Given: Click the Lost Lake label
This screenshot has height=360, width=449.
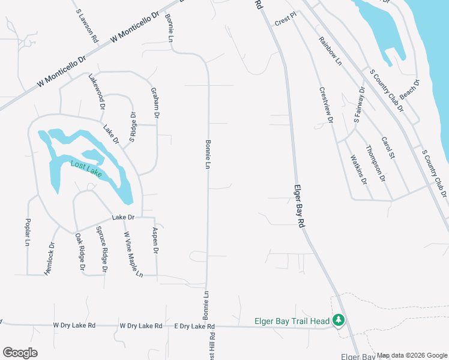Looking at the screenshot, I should (86, 169).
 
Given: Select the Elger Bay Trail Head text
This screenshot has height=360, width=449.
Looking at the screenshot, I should (292, 321).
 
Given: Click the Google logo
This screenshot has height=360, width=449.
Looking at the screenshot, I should (20, 353).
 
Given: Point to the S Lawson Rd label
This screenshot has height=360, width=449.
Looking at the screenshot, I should (87, 25).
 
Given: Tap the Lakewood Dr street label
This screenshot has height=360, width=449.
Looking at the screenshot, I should (97, 92).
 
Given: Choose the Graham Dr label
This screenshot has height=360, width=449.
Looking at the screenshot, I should (155, 100).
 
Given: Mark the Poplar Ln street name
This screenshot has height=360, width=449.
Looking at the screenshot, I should (28, 233).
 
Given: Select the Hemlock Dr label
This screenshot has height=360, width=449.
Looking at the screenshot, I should (50, 259).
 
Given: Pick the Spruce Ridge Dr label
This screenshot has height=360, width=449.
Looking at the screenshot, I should (102, 250).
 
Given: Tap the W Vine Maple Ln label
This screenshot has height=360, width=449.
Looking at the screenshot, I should (133, 254).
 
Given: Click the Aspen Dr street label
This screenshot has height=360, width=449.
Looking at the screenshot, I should (155, 241).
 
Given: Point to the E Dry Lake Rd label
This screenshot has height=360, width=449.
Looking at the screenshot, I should (194, 326).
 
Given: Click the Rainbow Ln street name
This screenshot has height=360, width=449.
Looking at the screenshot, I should (330, 51).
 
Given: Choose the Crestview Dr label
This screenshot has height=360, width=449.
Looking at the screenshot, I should (326, 106).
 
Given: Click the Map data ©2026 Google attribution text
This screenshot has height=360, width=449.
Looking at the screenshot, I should (412, 355).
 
